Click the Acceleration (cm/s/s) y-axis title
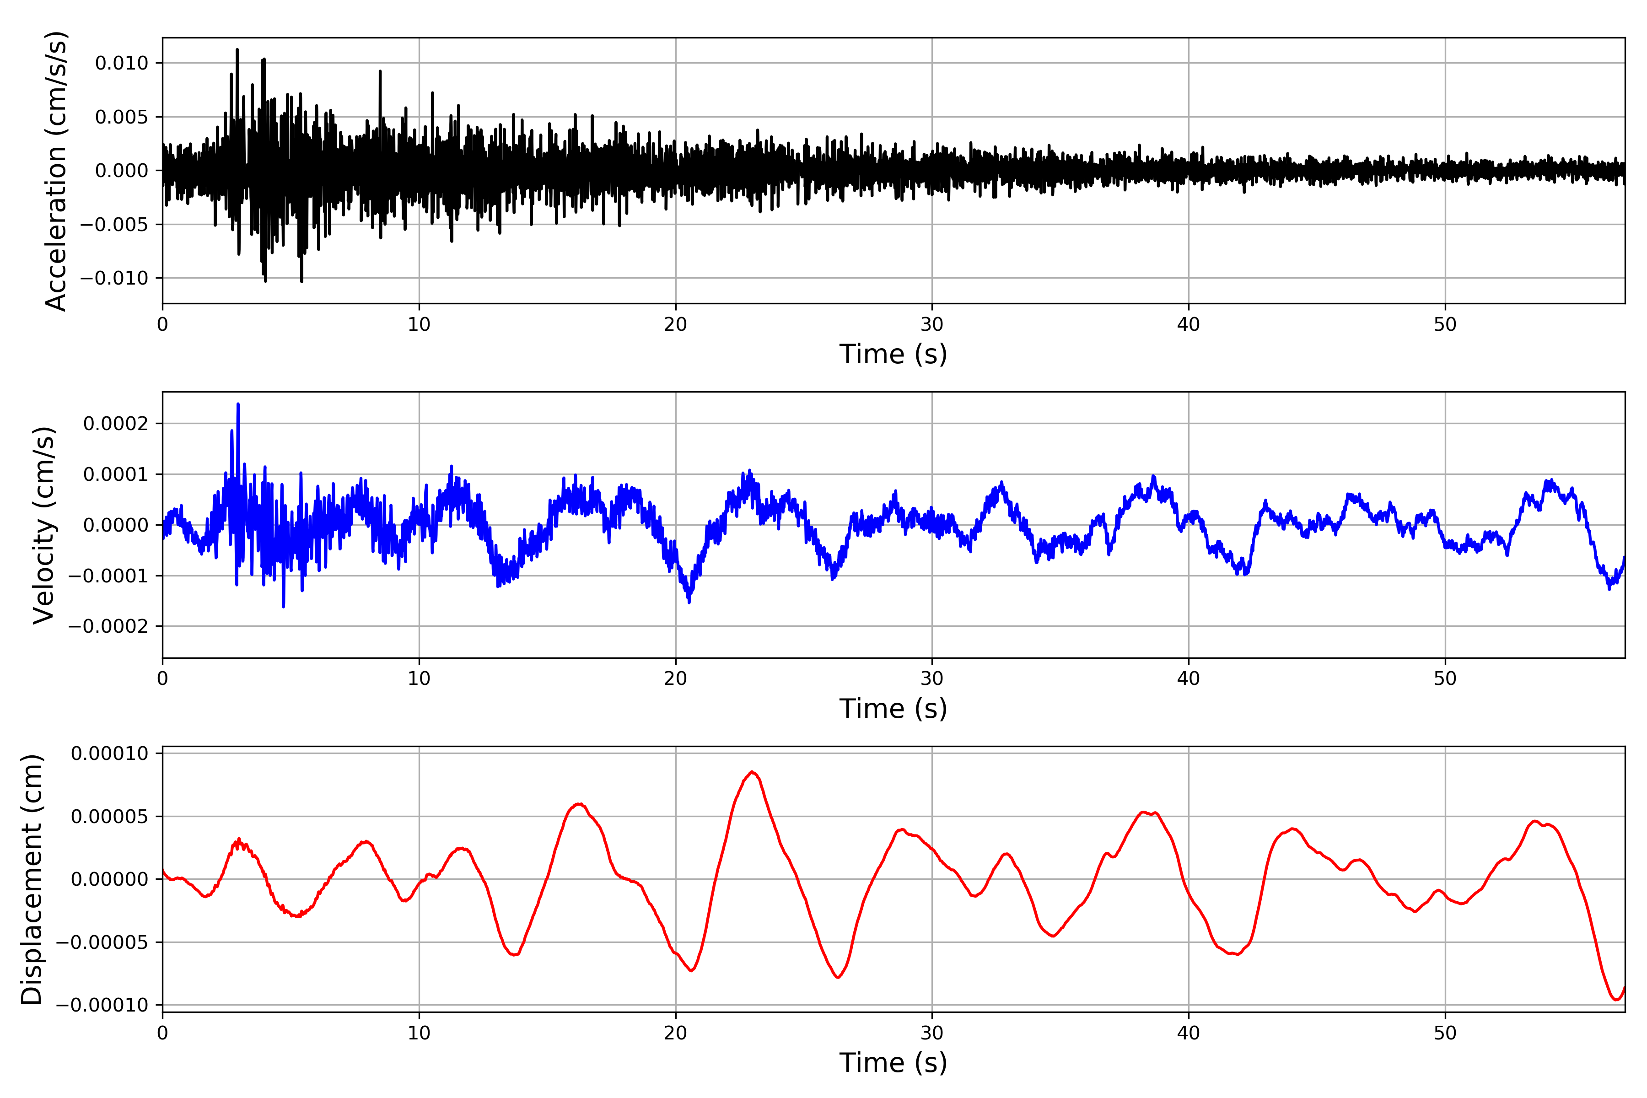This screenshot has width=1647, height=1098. click(x=55, y=170)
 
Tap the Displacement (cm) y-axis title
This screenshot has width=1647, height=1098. click(x=32, y=879)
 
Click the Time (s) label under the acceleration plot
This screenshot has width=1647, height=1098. click(x=893, y=354)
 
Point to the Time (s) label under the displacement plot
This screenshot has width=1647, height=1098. click(x=893, y=1063)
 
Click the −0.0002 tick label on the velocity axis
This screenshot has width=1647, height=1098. click(x=108, y=626)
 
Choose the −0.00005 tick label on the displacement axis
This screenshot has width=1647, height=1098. click(x=102, y=942)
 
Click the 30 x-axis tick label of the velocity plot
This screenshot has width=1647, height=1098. click(x=932, y=678)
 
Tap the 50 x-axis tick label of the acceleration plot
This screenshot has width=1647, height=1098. click(x=1445, y=324)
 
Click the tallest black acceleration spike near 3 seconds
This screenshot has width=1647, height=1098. click(x=237, y=50)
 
